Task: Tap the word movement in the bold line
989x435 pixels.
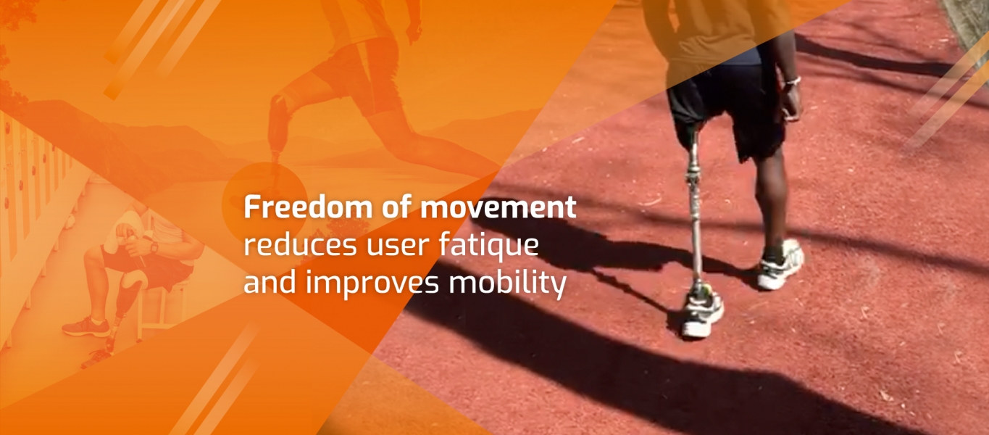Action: [x=498, y=207]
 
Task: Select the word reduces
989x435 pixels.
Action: [x=300, y=245]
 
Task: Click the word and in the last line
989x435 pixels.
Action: [x=270, y=283]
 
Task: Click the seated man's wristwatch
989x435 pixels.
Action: [x=154, y=248]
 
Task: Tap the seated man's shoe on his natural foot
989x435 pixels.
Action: [x=86, y=326]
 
